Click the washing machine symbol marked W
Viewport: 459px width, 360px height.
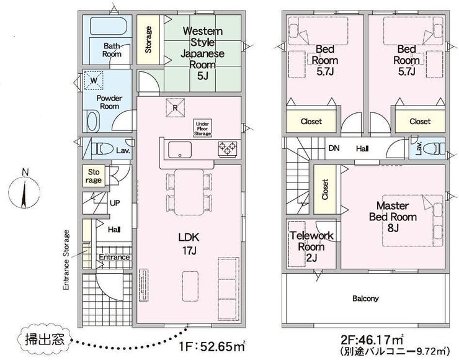(94, 80)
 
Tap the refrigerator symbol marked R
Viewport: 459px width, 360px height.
(176, 108)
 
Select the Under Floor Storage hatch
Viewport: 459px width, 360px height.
(203, 128)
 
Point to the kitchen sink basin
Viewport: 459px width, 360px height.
(180, 150)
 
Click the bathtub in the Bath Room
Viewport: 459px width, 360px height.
(109, 26)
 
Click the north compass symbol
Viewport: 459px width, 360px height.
(24, 192)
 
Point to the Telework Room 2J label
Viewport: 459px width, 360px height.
(311, 246)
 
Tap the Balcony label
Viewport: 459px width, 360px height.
(365, 299)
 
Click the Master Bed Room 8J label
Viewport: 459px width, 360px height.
(393, 217)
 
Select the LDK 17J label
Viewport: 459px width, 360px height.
(189, 243)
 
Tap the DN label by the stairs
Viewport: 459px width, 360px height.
(334, 148)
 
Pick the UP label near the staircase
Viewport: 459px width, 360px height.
(115, 203)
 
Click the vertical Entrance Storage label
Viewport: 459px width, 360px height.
(67, 260)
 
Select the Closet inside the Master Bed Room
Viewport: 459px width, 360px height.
(325, 189)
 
